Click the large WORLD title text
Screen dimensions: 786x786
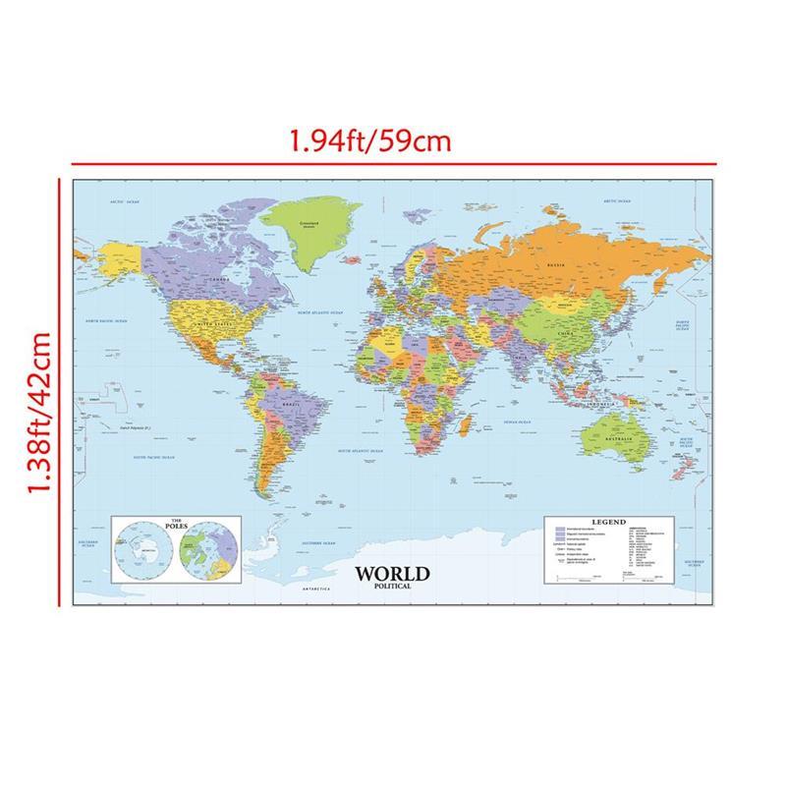tap(392, 574)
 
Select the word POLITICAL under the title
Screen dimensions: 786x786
tap(392, 587)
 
